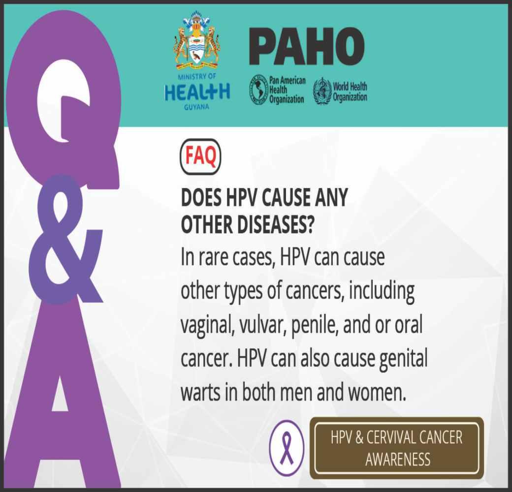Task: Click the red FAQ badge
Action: tap(200, 156)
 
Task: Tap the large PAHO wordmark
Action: tap(307, 46)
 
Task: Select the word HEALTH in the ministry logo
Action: tap(197, 92)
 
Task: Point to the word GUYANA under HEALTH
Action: tap(196, 107)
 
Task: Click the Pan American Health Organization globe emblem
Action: tap(258, 90)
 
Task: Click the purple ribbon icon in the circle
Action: tap(287, 448)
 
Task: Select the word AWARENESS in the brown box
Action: tap(398, 460)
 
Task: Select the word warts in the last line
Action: tap(200, 393)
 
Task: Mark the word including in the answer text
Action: tap(382, 291)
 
